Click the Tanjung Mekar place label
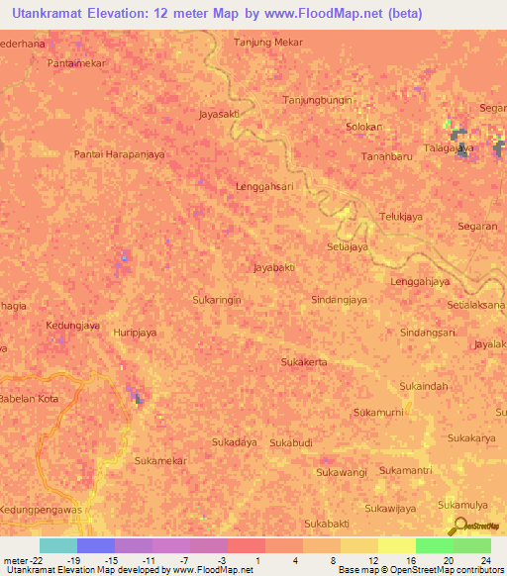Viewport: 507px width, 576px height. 267,43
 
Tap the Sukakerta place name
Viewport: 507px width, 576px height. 304,362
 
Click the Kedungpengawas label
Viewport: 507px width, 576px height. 43,509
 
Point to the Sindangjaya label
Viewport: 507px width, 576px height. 340,299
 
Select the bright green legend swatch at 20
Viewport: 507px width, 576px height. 434,545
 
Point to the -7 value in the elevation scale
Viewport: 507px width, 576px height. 183,559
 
